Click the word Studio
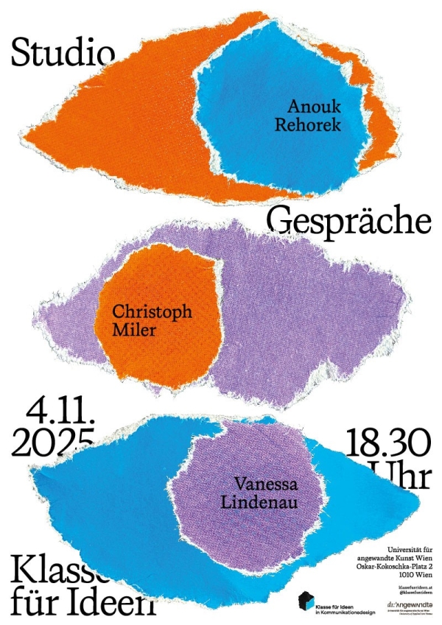coord(63,52)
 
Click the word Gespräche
coord(348,219)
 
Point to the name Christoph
coord(152,312)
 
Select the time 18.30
coord(387,444)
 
